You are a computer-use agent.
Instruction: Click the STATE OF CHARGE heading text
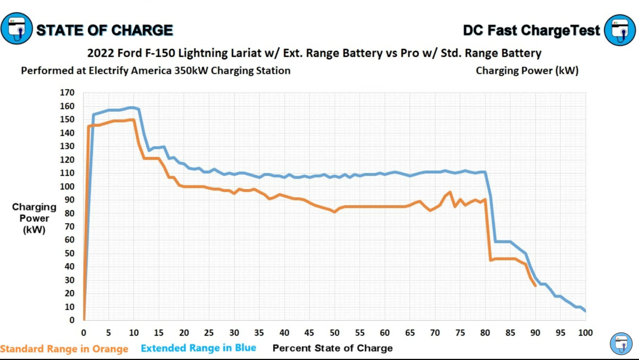(x=104, y=30)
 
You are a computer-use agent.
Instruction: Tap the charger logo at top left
(x=17, y=29)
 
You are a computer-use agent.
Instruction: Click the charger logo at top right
(x=620, y=30)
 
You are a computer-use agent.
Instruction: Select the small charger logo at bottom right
(x=621, y=343)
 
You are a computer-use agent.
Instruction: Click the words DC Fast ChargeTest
(x=531, y=30)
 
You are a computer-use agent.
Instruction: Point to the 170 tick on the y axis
(x=67, y=93)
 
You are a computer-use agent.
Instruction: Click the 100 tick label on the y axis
(x=67, y=186)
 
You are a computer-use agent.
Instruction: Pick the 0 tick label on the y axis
(x=72, y=320)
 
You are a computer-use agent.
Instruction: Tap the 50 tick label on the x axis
(x=335, y=333)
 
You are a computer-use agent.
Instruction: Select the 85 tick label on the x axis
(x=510, y=333)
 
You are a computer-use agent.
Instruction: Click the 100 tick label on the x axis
(x=585, y=333)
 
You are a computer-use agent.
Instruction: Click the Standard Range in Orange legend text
(x=64, y=349)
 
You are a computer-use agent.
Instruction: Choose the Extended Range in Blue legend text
(x=198, y=348)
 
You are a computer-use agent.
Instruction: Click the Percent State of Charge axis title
(x=332, y=348)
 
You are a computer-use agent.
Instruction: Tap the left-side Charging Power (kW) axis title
(x=34, y=218)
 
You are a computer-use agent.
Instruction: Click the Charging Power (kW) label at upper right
(x=527, y=71)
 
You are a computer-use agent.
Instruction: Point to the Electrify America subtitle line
(x=156, y=71)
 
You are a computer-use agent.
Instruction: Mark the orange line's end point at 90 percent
(x=535, y=286)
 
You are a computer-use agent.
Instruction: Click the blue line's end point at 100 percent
(x=585, y=311)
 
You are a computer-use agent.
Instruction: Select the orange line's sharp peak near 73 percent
(x=450, y=192)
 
